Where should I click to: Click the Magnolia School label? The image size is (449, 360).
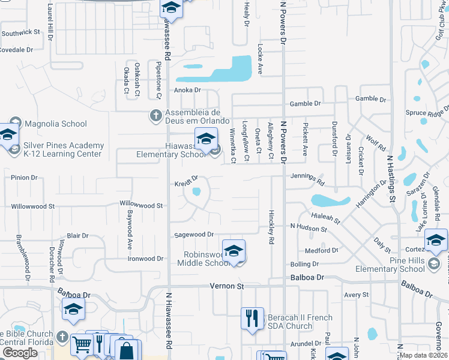55,124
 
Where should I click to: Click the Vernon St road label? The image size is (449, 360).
227,287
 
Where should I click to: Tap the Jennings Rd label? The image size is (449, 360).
307,178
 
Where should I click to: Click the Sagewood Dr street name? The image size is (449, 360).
193,235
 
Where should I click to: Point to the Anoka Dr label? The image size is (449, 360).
187,90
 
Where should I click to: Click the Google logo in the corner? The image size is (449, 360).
20,353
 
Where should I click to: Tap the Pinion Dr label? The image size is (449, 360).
24,178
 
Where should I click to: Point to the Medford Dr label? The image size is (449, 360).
318,251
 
